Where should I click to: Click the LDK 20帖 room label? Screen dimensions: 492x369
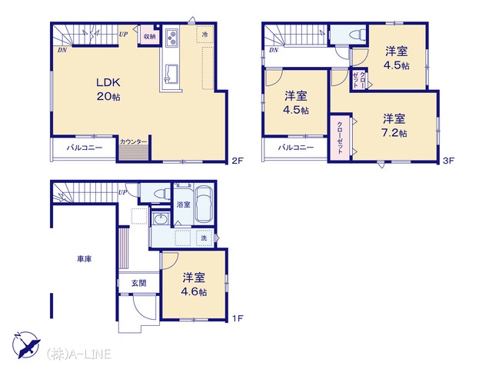pos(108,89)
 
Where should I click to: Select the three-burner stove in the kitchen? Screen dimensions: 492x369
pos(171,38)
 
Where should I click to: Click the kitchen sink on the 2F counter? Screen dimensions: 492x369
pos(171,74)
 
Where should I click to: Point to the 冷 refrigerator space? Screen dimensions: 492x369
pos(205,34)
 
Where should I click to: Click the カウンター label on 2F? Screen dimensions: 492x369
pos(133,141)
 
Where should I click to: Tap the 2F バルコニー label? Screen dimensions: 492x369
pos(84,148)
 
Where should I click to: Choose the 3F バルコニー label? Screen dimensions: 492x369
pos(295,147)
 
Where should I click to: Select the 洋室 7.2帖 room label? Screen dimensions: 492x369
pos(394,125)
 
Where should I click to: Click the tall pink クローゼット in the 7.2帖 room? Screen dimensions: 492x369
pos(340,138)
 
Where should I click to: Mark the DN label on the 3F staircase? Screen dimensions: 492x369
pos(274,50)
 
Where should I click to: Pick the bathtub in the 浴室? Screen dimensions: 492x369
pos(204,204)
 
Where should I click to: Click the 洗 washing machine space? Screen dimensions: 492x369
pos(204,238)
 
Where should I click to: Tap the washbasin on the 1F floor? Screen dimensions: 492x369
pos(161,218)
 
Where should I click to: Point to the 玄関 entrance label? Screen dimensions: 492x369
pos(138,283)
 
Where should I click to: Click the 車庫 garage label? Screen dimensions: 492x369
pos(85,259)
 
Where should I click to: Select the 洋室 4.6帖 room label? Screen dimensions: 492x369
pos(194,284)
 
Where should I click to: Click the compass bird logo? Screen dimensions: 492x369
pos(26,344)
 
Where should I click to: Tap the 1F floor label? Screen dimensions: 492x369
pos(238,318)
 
